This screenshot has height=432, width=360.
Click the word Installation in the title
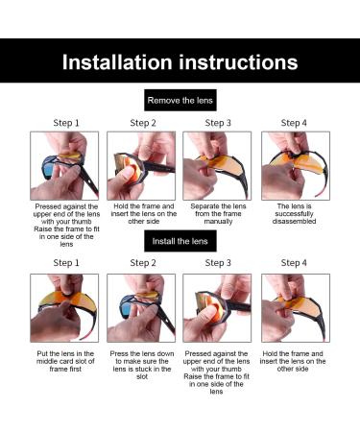[117, 61]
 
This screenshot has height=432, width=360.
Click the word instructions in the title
[238, 61]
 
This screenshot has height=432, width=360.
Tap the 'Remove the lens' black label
[180, 100]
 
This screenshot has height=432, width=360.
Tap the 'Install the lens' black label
[180, 241]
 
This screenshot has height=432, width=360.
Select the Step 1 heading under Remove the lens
[66, 123]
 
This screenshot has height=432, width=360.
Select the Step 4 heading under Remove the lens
[294, 123]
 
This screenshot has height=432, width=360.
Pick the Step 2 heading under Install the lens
[143, 263]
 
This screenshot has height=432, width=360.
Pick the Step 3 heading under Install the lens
[218, 263]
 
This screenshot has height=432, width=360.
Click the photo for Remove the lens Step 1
[64, 166]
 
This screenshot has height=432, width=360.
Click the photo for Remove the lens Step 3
[217, 166]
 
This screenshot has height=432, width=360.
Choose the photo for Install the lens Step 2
[141, 308]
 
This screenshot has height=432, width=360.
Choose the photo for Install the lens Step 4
[296, 308]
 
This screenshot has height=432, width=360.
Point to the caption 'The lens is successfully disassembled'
[294, 214]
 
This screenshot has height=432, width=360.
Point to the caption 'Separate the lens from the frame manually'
[218, 214]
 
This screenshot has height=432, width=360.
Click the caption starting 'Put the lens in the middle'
[65, 361]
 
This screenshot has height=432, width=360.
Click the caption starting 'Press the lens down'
[142, 365]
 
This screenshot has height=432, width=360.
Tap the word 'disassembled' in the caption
[294, 222]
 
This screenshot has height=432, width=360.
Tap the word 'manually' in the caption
[218, 222]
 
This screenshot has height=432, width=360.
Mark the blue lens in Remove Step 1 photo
[49, 167]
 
